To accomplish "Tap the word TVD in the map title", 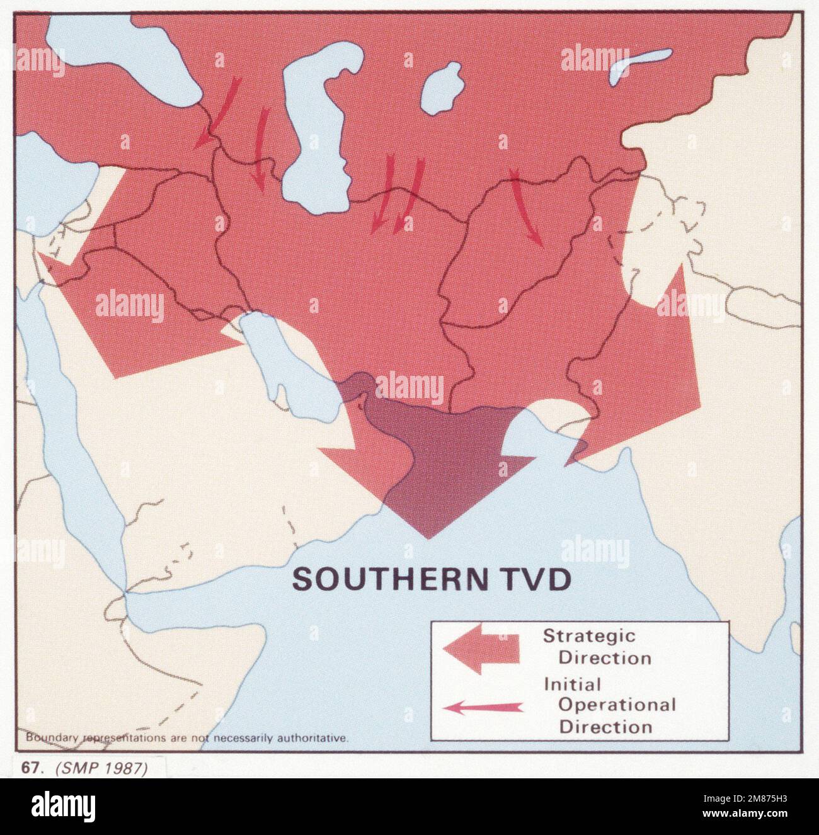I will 530,579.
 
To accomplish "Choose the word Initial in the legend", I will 572,683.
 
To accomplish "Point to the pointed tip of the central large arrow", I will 429,537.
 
